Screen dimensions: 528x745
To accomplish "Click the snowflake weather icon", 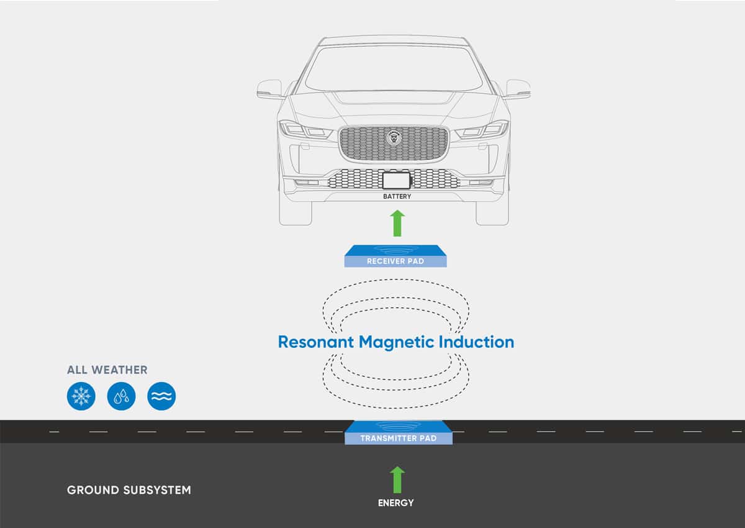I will click(81, 396).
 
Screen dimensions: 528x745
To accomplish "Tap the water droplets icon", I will click(121, 396).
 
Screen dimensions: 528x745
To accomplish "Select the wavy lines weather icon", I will click(161, 396).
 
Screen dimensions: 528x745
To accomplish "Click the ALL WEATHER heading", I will click(107, 370).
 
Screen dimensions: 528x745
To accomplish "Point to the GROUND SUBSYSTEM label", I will click(129, 490).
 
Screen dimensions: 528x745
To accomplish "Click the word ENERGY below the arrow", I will click(395, 503).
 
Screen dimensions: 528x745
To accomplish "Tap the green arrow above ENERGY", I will click(397, 480).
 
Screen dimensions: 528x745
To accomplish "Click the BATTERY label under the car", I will click(397, 196).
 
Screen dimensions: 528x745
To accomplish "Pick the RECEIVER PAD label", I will click(395, 262).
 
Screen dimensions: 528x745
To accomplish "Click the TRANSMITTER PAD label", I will click(399, 439).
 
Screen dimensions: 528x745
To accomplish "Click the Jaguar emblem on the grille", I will click(394, 138).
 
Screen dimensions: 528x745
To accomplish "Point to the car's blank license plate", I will click(396, 181).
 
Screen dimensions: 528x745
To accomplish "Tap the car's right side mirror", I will click(518, 89).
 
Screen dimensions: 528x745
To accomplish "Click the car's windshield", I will click(394, 68).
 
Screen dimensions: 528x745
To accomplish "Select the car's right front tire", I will click(492, 212).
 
